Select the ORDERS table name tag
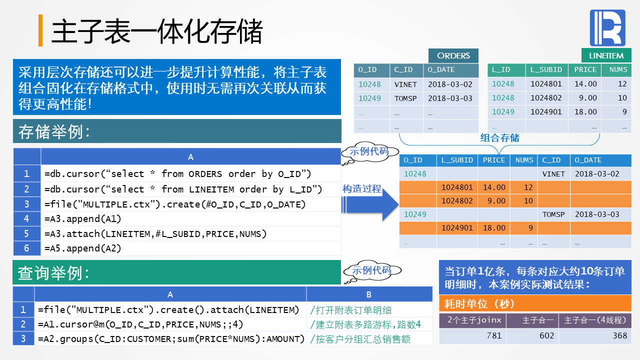pyautogui.click(x=453, y=55)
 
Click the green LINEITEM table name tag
pyautogui.click(x=606, y=55)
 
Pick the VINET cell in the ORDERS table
pyautogui.click(x=405, y=84)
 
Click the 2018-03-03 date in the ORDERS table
pyautogui.click(x=450, y=98)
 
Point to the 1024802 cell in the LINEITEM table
pyautogui.click(x=546, y=98)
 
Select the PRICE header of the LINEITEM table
pyautogui.click(x=585, y=70)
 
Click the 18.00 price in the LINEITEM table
pyautogui.click(x=585, y=112)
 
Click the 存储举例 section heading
pyautogui.click(x=54, y=132)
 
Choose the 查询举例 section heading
pyautogui.click(x=54, y=273)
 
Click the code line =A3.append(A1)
pyautogui.click(x=83, y=218)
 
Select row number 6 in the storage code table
pyautogui.click(x=27, y=248)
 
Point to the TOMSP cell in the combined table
pyautogui.click(x=553, y=214)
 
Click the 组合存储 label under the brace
pyautogui.click(x=499, y=138)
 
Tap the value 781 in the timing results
pyautogui.click(x=494, y=335)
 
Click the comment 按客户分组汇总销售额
pyautogui.click(x=360, y=339)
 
